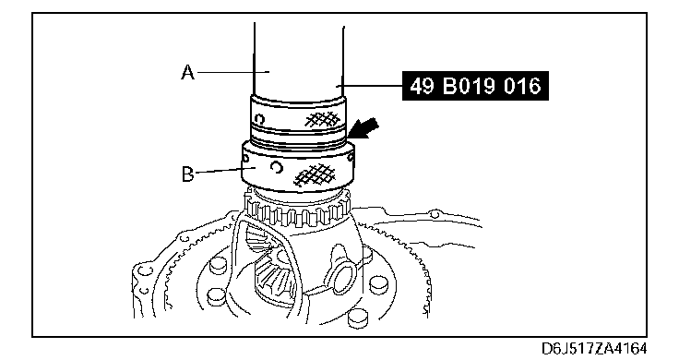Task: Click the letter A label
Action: click(x=187, y=72)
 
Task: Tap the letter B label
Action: click(x=187, y=174)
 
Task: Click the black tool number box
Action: click(x=475, y=86)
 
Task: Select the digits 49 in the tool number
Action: click(x=422, y=86)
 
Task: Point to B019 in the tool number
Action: click(x=468, y=86)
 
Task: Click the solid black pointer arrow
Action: click(x=363, y=129)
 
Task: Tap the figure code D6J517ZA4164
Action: click(x=594, y=348)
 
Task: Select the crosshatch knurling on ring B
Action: click(x=315, y=175)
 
